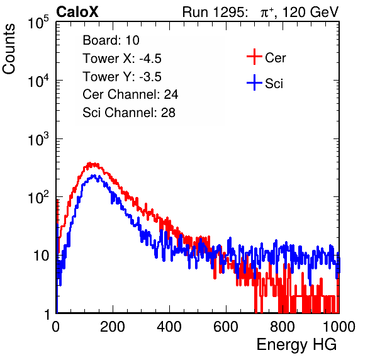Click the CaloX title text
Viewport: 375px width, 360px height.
pyautogui.click(x=77, y=12)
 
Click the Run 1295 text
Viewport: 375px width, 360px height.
pyautogui.click(x=215, y=12)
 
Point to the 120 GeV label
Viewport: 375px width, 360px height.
pyautogui.click(x=310, y=12)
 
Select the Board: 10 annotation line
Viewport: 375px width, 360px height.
pyautogui.click(x=111, y=40)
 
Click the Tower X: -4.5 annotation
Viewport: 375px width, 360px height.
pyautogui.click(x=122, y=58)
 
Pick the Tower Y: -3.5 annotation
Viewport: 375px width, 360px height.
pyautogui.click(x=122, y=76)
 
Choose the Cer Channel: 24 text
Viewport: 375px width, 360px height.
pyautogui.click(x=130, y=94)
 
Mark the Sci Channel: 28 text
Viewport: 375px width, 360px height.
pyautogui.click(x=129, y=113)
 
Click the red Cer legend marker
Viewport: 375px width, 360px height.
pyautogui.click(x=254, y=57)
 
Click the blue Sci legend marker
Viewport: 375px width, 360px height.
pyautogui.click(x=254, y=82)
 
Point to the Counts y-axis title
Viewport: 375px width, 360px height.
pyautogui.click(x=9, y=49)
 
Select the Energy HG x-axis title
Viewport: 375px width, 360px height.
pyautogui.click(x=297, y=344)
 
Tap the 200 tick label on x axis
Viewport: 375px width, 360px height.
pyautogui.click(x=113, y=327)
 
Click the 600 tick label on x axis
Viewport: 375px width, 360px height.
pyautogui.click(x=226, y=327)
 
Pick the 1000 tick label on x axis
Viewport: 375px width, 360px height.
pyautogui.click(x=339, y=327)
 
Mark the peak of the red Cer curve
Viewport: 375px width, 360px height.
pyautogui.click(x=90, y=163)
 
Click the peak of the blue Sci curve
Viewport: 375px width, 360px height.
pyautogui.click(x=94, y=176)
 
